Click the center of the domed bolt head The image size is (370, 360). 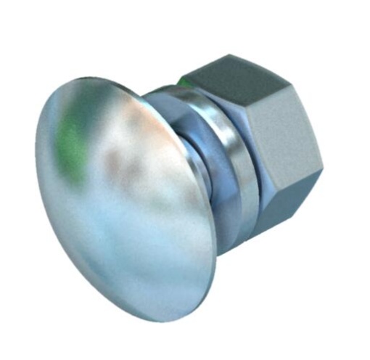[x=123, y=196]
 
